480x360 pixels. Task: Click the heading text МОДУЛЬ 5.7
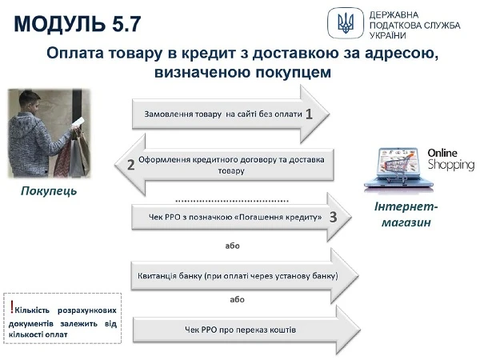point(77,22)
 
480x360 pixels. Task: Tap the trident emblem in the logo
point(346,23)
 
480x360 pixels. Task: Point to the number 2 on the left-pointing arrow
point(130,166)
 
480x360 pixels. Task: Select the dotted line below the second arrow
point(232,198)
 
